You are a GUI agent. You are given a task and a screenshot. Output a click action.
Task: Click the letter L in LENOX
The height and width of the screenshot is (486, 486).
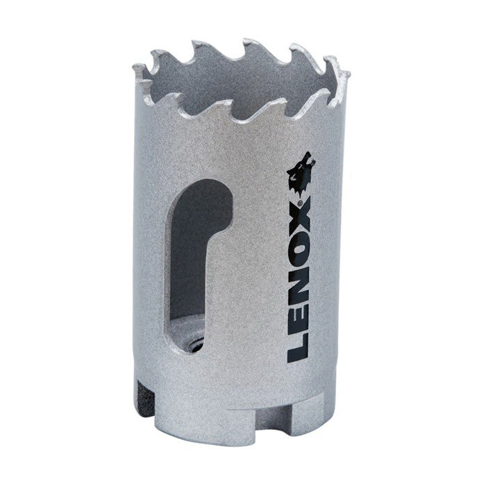299,346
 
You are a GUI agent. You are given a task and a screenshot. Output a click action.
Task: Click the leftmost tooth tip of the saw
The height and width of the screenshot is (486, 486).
137,67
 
